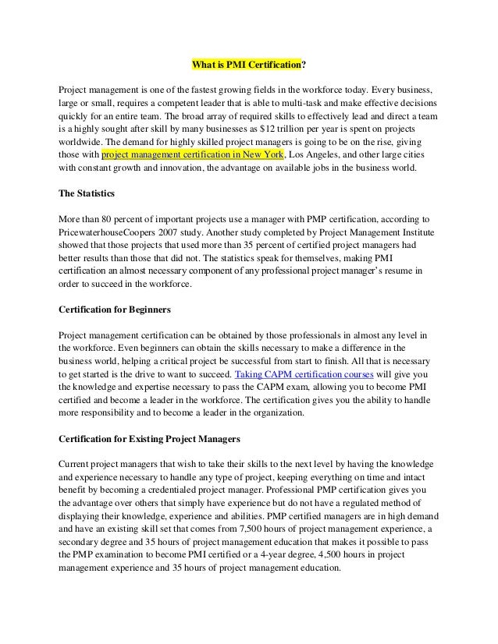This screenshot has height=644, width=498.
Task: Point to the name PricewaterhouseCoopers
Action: [x=115, y=232]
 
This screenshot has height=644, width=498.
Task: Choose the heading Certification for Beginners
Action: [x=115, y=310]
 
